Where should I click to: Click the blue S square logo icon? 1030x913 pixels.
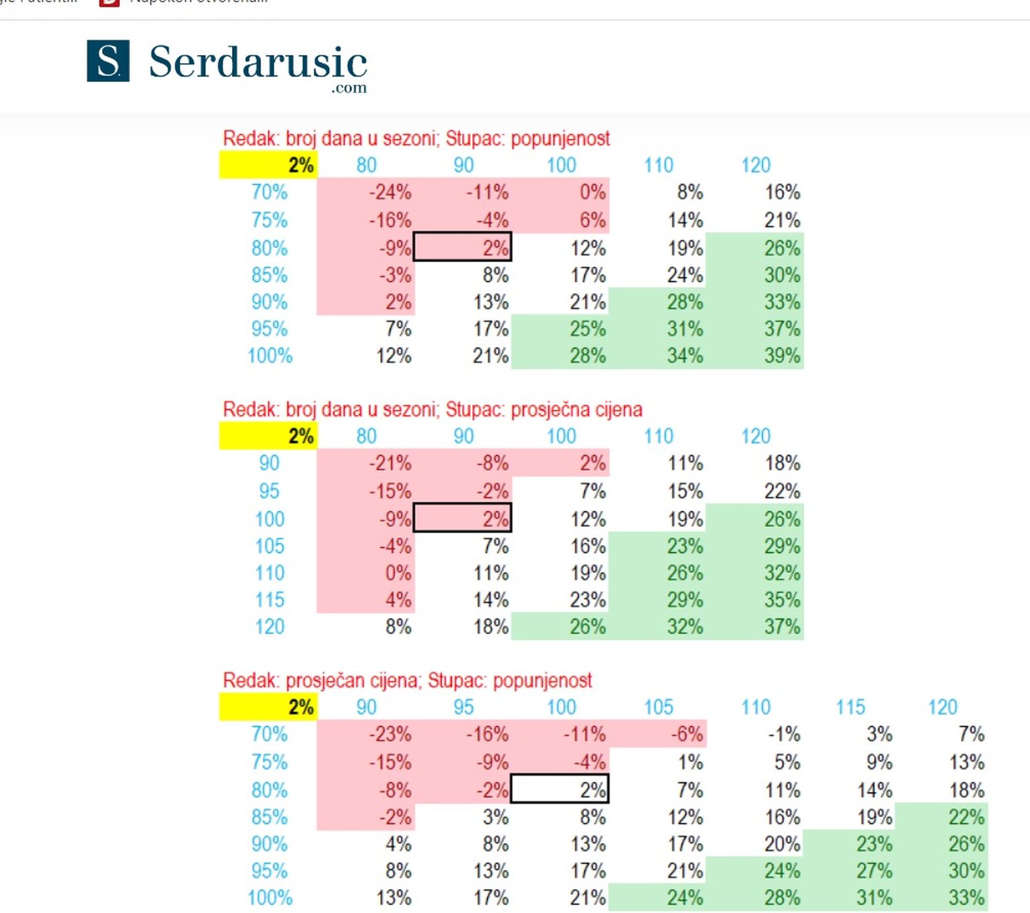tap(108, 61)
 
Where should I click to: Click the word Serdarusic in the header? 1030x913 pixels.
tap(257, 62)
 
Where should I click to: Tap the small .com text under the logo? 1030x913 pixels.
tap(349, 88)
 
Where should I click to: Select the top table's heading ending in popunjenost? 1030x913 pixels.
tap(416, 139)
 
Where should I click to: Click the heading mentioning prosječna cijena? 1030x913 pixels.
tap(433, 410)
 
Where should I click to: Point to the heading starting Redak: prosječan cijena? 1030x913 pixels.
tap(407, 680)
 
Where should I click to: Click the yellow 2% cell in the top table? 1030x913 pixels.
tap(268, 165)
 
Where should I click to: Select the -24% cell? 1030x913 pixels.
tap(390, 192)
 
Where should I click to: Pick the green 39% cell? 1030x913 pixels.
tap(782, 355)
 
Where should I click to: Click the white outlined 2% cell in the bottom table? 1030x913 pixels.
tap(560, 790)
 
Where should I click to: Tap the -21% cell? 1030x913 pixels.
tap(390, 463)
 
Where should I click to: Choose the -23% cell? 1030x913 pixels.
tap(390, 734)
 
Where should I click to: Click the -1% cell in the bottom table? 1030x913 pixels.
tap(783, 734)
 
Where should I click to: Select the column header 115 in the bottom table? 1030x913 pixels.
tap(850, 707)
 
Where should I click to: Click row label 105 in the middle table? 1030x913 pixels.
tap(270, 546)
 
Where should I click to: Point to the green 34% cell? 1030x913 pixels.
tap(685, 355)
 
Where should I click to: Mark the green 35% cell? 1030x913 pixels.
tap(782, 599)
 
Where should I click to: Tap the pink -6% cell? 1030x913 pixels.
tap(687, 734)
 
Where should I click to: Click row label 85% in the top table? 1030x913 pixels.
tap(270, 275)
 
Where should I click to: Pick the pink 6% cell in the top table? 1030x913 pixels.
tap(592, 220)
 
